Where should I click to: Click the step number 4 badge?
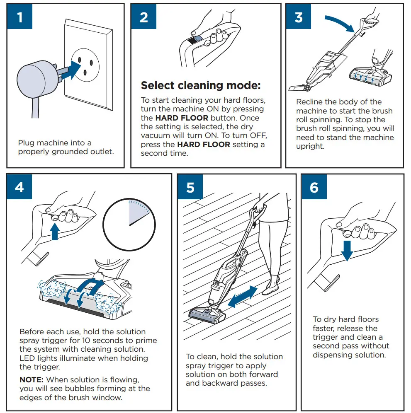[x=19, y=187]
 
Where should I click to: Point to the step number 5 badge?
[x=190, y=187]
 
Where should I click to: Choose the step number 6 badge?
[x=314, y=187]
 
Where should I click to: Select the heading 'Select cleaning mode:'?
[x=201, y=86]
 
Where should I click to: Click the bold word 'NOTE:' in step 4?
[x=32, y=379]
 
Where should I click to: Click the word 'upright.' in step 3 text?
[x=310, y=147]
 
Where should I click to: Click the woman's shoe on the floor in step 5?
[x=269, y=290]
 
